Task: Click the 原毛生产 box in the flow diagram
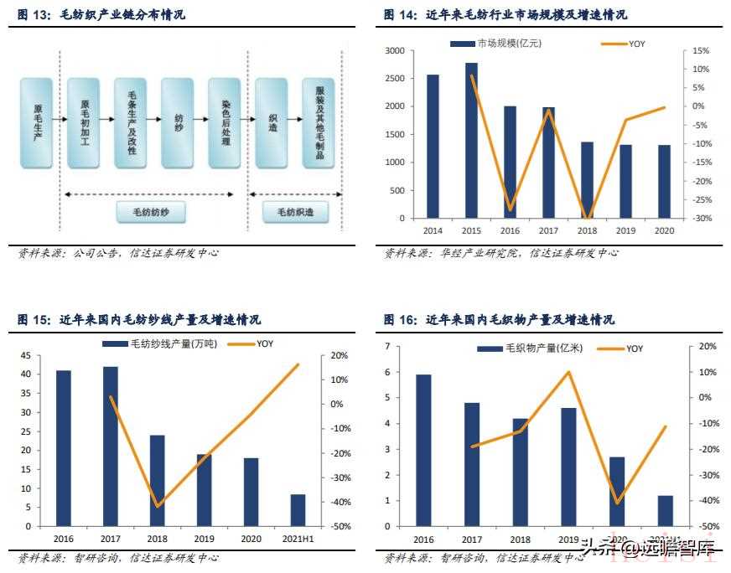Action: click(x=36, y=122)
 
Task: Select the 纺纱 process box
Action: click(x=178, y=122)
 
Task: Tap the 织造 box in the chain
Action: click(x=272, y=122)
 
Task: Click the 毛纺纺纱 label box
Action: click(x=150, y=214)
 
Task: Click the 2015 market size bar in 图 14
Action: click(x=471, y=141)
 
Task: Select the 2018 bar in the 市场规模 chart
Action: click(x=587, y=180)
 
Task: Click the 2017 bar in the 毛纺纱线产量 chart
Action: click(x=111, y=447)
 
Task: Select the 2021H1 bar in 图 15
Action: click(x=298, y=510)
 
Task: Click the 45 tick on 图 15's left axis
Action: click(x=26, y=355)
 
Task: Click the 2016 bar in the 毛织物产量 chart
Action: click(x=423, y=451)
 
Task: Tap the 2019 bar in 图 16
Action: click(x=568, y=467)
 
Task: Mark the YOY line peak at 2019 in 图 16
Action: click(x=568, y=372)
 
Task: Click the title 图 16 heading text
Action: click(x=499, y=320)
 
